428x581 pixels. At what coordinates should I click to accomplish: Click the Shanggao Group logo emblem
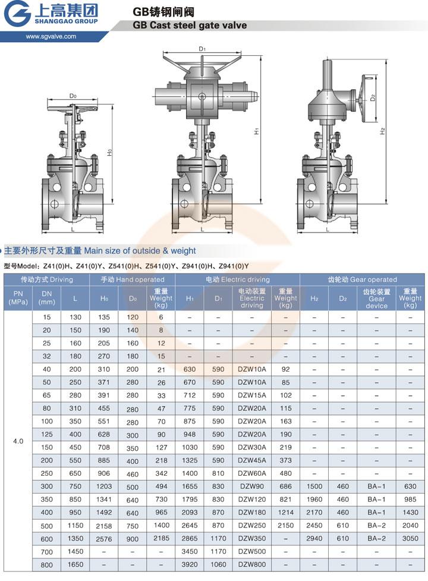(x=17, y=14)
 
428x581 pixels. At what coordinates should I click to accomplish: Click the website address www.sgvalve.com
(x=51, y=36)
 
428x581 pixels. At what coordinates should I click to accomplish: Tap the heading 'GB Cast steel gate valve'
(x=190, y=25)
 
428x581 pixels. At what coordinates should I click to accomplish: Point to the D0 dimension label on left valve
(x=73, y=96)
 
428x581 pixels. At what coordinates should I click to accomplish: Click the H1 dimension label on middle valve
(x=256, y=130)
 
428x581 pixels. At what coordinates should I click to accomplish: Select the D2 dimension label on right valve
(x=373, y=98)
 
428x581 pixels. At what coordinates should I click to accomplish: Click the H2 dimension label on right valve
(x=383, y=131)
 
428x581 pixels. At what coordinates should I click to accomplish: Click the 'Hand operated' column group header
(x=132, y=279)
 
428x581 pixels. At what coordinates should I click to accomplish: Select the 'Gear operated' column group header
(x=362, y=279)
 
